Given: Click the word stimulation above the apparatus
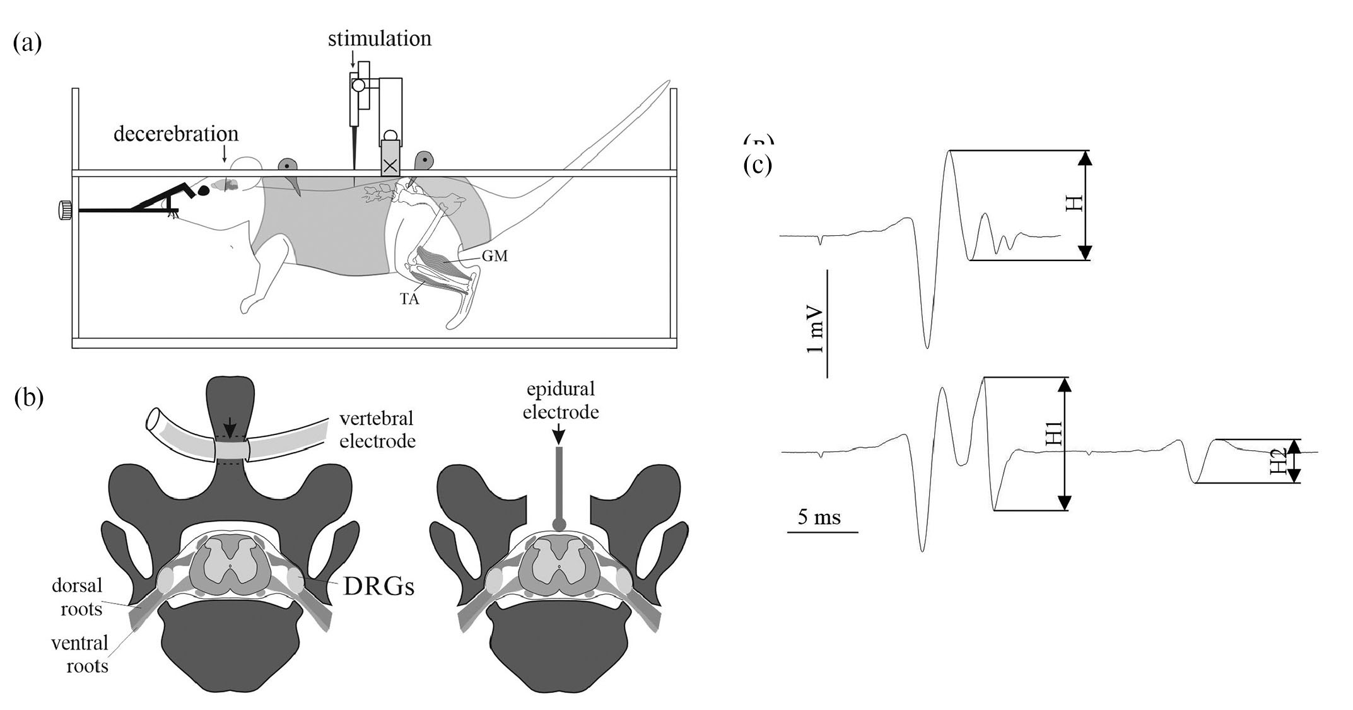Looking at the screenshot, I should point(379,39).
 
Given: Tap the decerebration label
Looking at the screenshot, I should point(176,134).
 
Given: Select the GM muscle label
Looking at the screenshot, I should point(494,256).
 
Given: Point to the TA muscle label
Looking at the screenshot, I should point(409,299).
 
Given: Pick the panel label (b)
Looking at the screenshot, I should point(28,398).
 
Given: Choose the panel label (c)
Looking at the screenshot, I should point(758,165).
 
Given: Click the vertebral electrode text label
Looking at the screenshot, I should point(377,429).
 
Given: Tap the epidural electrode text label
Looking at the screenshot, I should point(562,401).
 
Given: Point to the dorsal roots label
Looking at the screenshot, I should point(77,597).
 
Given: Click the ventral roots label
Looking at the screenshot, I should point(79,654).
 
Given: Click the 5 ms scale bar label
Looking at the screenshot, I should point(819,517).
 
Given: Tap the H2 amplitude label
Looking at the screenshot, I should point(1278,462).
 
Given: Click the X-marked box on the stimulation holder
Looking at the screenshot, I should point(390,166).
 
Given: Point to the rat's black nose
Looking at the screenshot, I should point(204,190).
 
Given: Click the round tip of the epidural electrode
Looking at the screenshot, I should point(559,524).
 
